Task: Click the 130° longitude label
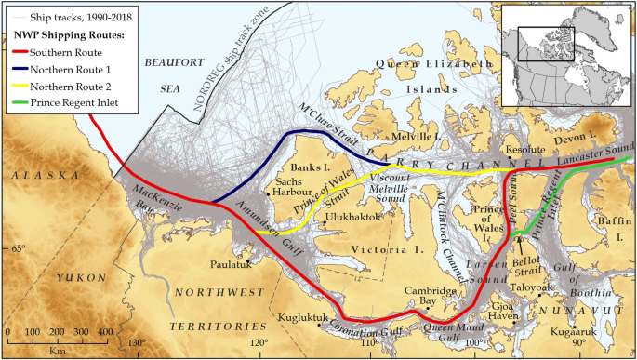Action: tap(137, 342)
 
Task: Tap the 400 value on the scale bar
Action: tap(104, 332)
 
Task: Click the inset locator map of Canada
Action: tap(564, 55)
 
